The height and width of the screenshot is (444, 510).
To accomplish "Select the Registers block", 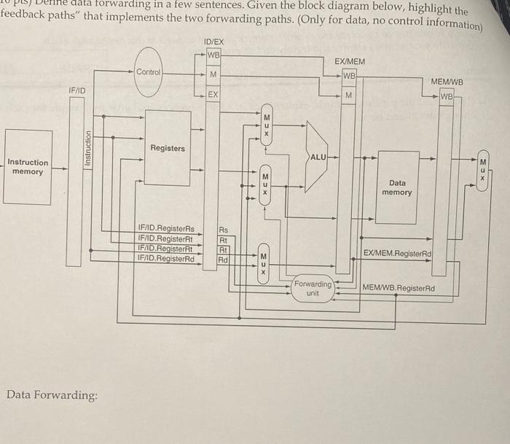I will tap(167, 148).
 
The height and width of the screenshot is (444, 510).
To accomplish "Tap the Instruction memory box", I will tap(28, 167).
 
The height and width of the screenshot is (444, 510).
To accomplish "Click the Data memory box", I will tap(396, 187).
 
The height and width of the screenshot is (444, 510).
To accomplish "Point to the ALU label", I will tap(318, 157).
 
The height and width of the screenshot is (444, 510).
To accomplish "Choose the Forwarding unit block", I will tap(313, 288).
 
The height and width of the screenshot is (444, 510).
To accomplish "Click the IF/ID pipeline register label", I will tap(77, 90).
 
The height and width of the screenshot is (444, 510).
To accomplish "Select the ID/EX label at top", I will tap(214, 43).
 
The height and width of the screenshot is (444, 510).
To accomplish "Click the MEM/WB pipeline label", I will tap(447, 83).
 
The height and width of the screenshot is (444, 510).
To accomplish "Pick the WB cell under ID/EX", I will tap(213, 56).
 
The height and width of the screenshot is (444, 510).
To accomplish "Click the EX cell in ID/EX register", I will tap(213, 95).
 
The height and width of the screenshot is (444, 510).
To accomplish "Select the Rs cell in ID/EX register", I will tap(223, 230).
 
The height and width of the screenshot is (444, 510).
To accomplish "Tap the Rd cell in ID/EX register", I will tap(223, 259).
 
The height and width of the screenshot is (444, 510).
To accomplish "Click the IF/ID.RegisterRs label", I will tap(166, 230).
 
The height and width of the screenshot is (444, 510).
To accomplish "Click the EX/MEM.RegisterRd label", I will tap(397, 254).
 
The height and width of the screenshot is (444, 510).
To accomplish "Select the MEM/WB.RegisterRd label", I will tap(399, 288).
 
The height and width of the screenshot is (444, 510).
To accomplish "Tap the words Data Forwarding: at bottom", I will tap(51, 395).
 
